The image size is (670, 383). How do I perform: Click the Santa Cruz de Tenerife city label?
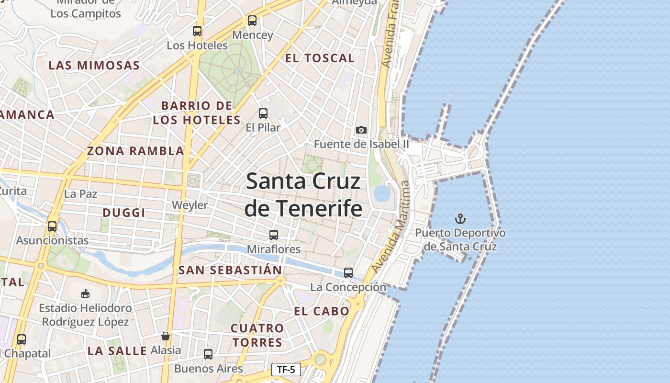click(303, 195)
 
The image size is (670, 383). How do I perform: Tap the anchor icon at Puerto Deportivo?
click(460, 219)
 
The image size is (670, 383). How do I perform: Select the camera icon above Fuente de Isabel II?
click(361, 130)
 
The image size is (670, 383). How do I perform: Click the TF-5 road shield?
click(286, 370)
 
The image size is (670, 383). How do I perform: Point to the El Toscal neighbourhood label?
click(320, 58)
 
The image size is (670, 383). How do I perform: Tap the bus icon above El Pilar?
click(263, 113)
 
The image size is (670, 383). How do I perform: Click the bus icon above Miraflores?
click(274, 235)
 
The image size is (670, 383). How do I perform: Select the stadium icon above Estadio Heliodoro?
click(85, 293)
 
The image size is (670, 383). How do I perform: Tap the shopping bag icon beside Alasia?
click(166, 336)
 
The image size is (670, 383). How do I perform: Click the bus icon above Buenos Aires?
click(208, 354)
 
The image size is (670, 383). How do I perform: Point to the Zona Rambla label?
click(135, 151)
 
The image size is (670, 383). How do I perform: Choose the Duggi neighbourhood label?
click(124, 213)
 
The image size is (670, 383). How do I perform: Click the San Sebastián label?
click(230, 270)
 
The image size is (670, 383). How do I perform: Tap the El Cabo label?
click(322, 311)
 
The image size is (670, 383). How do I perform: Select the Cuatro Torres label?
click(257, 335)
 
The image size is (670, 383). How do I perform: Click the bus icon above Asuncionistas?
click(52, 226)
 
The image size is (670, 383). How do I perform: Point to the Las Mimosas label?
click(94, 66)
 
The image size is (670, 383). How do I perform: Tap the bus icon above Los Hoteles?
click(197, 31)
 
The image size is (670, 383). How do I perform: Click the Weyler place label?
click(190, 205)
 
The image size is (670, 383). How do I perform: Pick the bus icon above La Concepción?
click(348, 273)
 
